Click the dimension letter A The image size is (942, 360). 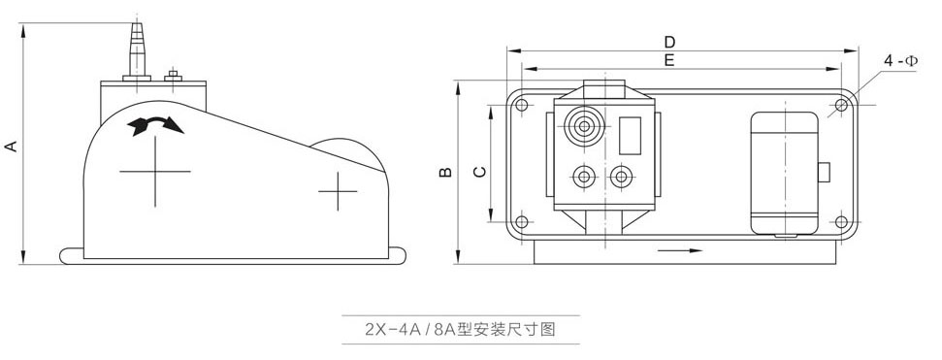pyautogui.click(x=12, y=146)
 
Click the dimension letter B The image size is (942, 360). pyautogui.click(x=444, y=172)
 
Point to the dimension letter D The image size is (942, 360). pyautogui.click(x=669, y=42)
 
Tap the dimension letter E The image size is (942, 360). pyautogui.click(x=669, y=59)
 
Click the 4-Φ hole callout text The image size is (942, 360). pyautogui.click(x=900, y=61)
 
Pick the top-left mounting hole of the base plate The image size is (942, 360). pyautogui.click(x=522, y=104)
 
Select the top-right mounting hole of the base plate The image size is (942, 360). pyautogui.click(x=840, y=104)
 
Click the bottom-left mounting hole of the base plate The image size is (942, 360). pyautogui.click(x=522, y=223)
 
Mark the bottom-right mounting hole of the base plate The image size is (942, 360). pyautogui.click(x=840, y=223)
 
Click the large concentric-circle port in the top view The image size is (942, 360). pyautogui.click(x=585, y=127)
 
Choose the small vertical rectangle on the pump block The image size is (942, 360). pyautogui.click(x=632, y=135)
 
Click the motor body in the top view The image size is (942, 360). pyautogui.click(x=785, y=172)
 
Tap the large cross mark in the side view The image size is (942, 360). pyautogui.click(x=155, y=172)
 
